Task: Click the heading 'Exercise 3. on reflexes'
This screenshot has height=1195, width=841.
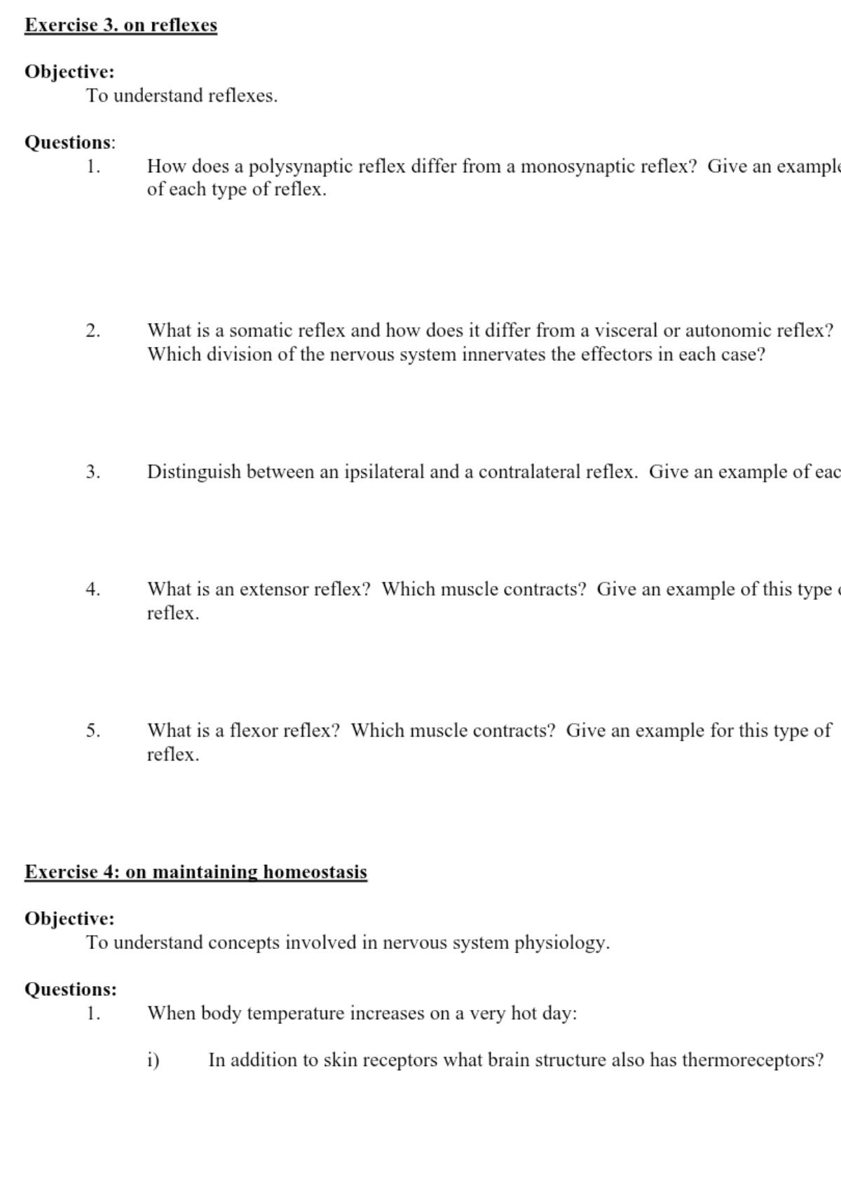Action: coord(121,25)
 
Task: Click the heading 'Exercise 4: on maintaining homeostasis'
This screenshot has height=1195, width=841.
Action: coord(196,872)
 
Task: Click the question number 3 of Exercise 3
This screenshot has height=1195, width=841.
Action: coord(93,472)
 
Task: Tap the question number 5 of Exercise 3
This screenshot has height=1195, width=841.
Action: coord(93,731)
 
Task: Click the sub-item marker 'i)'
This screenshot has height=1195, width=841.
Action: coord(153,1060)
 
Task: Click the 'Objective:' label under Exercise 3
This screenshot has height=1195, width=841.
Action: coord(69,72)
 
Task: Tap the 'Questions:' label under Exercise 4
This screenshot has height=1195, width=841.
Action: coord(71,990)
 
